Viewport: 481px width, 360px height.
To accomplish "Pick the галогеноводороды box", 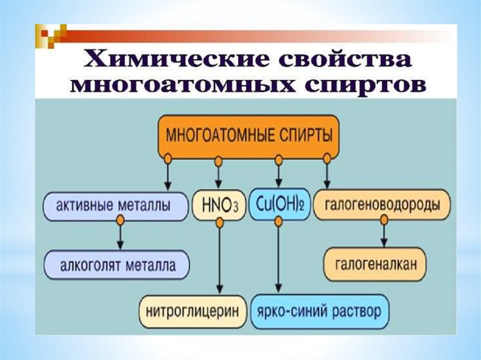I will coord(382,205).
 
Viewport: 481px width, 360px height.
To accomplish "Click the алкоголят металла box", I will coord(116,266).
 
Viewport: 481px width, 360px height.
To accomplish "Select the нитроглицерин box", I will coord(193,311).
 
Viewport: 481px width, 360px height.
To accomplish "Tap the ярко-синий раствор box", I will coord(320,311).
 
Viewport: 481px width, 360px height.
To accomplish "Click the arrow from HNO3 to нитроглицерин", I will coord(219,263).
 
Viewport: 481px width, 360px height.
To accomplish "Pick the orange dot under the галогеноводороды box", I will coord(384,220).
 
